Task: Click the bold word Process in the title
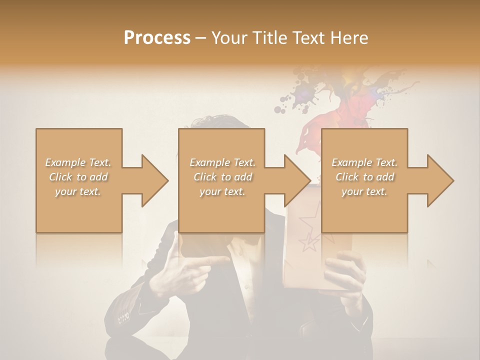pyautogui.click(x=157, y=37)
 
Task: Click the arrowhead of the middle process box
pyautogui.click(x=296, y=180)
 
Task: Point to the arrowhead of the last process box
pyautogui.click(x=439, y=180)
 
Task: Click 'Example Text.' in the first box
pyautogui.click(x=78, y=162)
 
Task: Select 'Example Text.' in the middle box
pyautogui.click(x=222, y=162)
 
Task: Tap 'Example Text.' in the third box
pyautogui.click(x=364, y=162)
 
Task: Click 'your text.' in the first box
pyautogui.click(x=78, y=191)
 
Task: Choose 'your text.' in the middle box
pyautogui.click(x=222, y=191)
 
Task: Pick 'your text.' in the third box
pyautogui.click(x=364, y=191)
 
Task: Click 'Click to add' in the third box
pyautogui.click(x=364, y=177)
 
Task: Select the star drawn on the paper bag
pyautogui.click(x=309, y=242)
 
